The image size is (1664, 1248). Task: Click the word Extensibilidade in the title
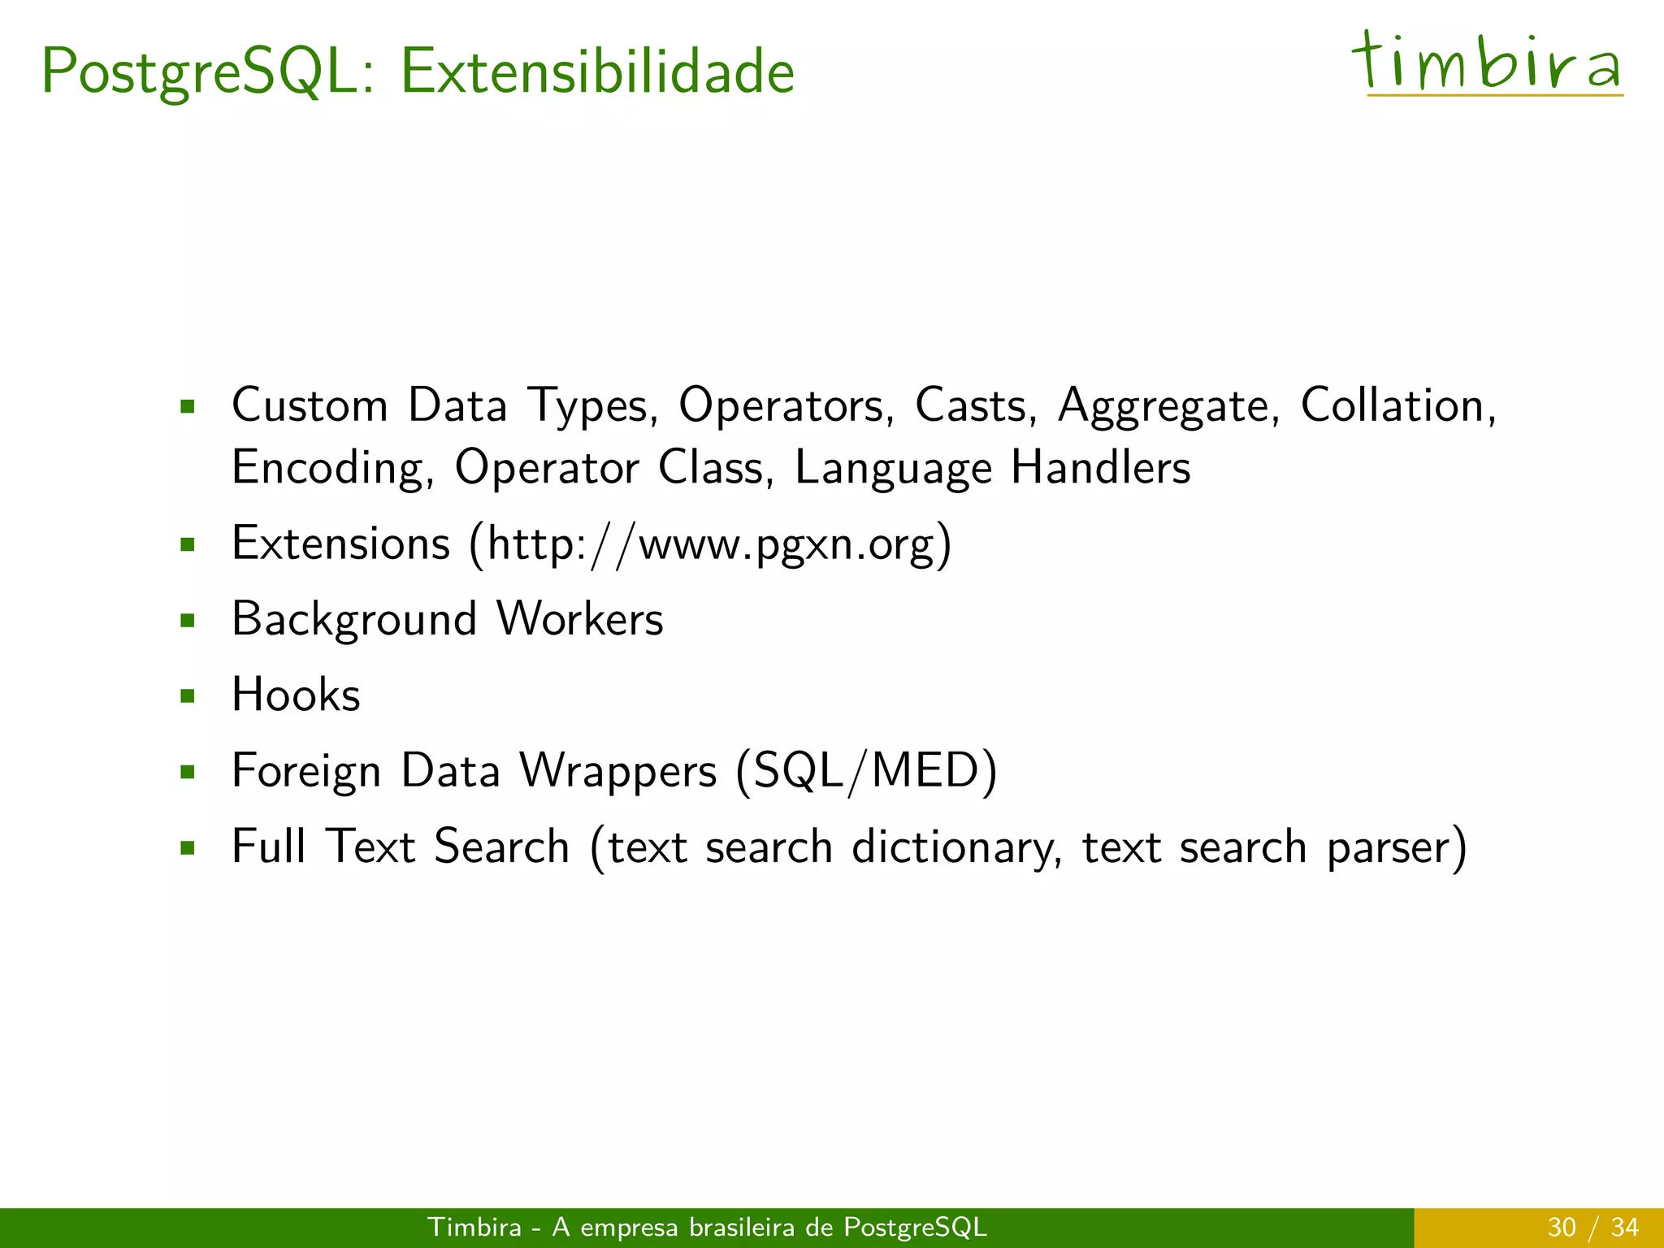[x=597, y=71]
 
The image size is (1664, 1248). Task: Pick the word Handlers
[x=1100, y=467]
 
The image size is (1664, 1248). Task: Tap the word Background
[x=353, y=620]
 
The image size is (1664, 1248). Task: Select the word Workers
[x=579, y=619]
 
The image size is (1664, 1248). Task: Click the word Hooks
[x=296, y=695]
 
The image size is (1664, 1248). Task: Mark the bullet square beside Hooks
[x=188, y=696]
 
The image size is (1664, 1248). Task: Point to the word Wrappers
[x=618, y=771]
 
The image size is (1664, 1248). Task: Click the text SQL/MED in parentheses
[x=866, y=770]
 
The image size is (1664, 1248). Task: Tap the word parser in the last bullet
[x=1388, y=847]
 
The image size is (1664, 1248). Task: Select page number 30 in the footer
[x=1561, y=1227]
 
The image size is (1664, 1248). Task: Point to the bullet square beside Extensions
[x=188, y=544]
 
